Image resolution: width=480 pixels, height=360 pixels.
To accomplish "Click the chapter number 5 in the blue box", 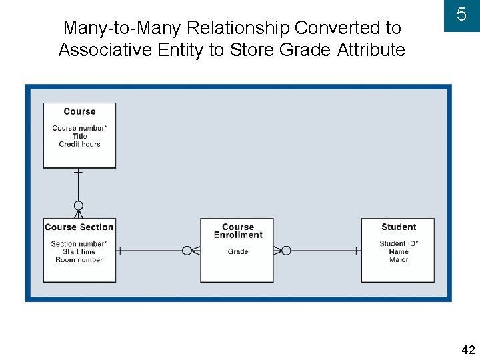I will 461,14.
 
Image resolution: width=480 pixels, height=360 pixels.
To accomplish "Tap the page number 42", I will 467,350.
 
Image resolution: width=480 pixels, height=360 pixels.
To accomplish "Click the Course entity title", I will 79,112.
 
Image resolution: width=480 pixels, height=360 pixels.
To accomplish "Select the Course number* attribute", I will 79,128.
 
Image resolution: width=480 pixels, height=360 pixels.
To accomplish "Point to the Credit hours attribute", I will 79,144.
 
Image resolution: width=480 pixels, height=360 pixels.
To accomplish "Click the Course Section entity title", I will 79,227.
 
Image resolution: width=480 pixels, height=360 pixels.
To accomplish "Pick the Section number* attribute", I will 79,244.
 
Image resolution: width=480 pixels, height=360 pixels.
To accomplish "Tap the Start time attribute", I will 79,252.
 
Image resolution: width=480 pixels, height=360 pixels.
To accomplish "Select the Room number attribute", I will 79,260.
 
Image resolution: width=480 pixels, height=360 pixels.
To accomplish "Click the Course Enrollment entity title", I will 238,231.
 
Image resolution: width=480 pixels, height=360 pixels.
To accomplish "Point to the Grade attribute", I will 238,252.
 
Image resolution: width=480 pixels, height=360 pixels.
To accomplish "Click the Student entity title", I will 399,227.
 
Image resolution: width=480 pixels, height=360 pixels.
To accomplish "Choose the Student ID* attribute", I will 399,244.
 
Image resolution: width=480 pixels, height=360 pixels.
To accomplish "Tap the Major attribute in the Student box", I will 399,260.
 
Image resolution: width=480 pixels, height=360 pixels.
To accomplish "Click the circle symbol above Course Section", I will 79,205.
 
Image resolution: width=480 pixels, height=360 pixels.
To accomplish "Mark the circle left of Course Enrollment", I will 187,251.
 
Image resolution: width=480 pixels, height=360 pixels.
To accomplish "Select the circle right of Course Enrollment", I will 286,251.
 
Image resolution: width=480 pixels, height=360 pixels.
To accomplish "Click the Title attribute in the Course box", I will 79,136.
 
